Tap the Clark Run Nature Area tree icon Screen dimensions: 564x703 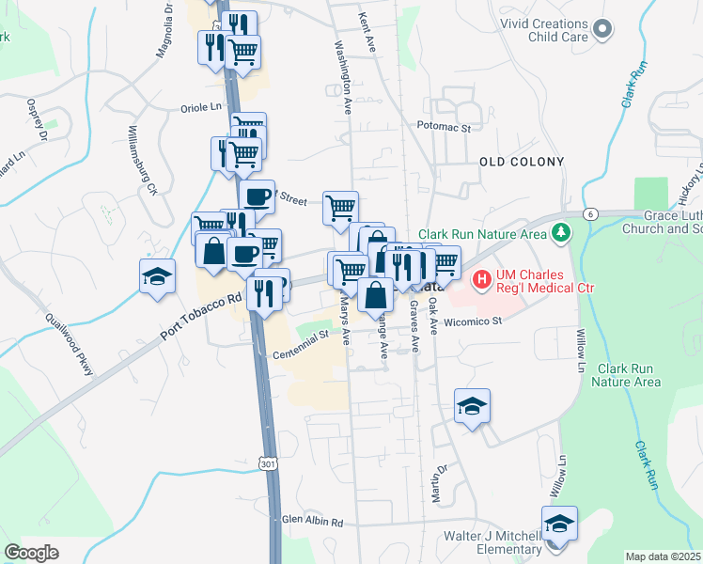click(561, 231)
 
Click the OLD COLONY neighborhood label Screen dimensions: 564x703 click(522, 162)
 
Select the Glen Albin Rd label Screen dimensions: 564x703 click(313, 522)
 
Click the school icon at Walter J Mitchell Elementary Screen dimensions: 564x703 click(559, 522)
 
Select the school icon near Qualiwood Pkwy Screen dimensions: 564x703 click(157, 275)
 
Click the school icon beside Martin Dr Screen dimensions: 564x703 click(472, 405)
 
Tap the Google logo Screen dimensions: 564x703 click(32, 552)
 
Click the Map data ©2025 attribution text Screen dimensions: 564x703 click(662, 556)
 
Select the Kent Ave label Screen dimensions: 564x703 click(367, 28)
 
